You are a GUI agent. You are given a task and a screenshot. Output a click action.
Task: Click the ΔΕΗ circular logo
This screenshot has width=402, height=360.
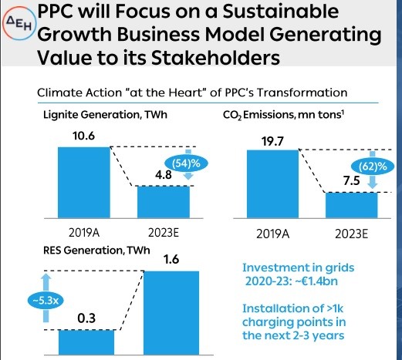point(19,23)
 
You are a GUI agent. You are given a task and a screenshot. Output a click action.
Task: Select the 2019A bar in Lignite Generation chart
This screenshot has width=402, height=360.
point(84,183)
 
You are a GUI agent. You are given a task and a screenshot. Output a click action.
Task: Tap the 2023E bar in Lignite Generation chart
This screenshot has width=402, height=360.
point(164,202)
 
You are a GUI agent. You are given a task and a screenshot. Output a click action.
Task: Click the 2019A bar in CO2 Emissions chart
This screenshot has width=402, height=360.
point(272,184)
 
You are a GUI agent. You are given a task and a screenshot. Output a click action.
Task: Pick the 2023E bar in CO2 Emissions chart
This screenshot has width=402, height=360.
point(351,205)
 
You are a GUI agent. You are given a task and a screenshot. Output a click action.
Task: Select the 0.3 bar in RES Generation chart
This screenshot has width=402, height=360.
point(86,342)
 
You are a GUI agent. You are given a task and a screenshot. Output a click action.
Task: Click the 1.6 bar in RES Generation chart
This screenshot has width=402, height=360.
point(171,313)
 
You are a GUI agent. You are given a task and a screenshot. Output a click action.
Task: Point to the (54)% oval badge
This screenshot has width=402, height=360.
point(186,163)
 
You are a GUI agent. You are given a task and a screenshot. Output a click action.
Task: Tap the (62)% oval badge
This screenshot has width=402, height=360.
point(373,167)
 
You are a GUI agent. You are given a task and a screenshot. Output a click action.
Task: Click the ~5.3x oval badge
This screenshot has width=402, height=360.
point(46,301)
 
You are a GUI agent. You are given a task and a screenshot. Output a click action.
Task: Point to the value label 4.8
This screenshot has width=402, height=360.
point(164,175)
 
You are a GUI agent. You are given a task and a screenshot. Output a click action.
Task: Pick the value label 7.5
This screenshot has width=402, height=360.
point(351,181)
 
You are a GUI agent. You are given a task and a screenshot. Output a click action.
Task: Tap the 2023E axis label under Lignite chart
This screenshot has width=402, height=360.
point(164,233)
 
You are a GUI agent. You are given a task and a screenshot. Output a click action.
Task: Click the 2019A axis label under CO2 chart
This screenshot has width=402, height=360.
point(272,234)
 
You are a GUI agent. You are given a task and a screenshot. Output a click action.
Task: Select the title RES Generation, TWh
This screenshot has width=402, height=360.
point(96,251)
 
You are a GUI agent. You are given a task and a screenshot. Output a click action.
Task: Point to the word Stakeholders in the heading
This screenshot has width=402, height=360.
point(215,57)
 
